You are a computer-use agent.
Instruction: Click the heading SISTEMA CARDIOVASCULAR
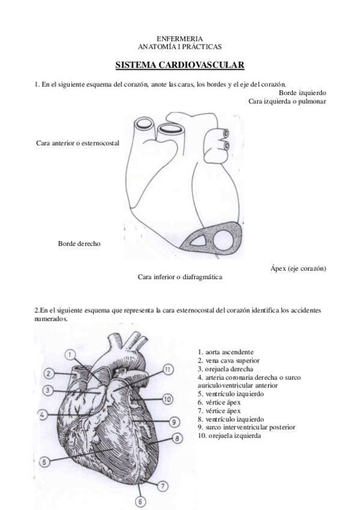point(180,64)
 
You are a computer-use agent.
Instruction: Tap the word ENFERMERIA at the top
point(180,38)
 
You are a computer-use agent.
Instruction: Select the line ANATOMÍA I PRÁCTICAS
point(180,46)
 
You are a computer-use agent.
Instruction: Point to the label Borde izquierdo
point(302,93)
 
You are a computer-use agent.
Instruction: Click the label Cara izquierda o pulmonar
point(287,101)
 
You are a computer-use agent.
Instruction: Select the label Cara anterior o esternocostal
point(78,143)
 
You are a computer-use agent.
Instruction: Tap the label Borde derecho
point(79,244)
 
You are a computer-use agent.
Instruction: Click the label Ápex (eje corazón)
point(298,268)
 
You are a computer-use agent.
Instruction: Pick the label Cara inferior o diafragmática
point(180,277)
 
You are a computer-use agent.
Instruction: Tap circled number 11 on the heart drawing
point(168,369)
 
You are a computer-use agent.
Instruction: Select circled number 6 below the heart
point(140,501)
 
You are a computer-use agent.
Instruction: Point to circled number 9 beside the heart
point(174,421)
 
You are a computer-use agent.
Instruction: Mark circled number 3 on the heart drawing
point(48,391)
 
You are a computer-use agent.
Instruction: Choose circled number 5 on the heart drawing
point(45,462)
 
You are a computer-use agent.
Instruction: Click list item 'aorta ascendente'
point(225,352)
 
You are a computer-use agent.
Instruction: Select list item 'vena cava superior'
point(227,360)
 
